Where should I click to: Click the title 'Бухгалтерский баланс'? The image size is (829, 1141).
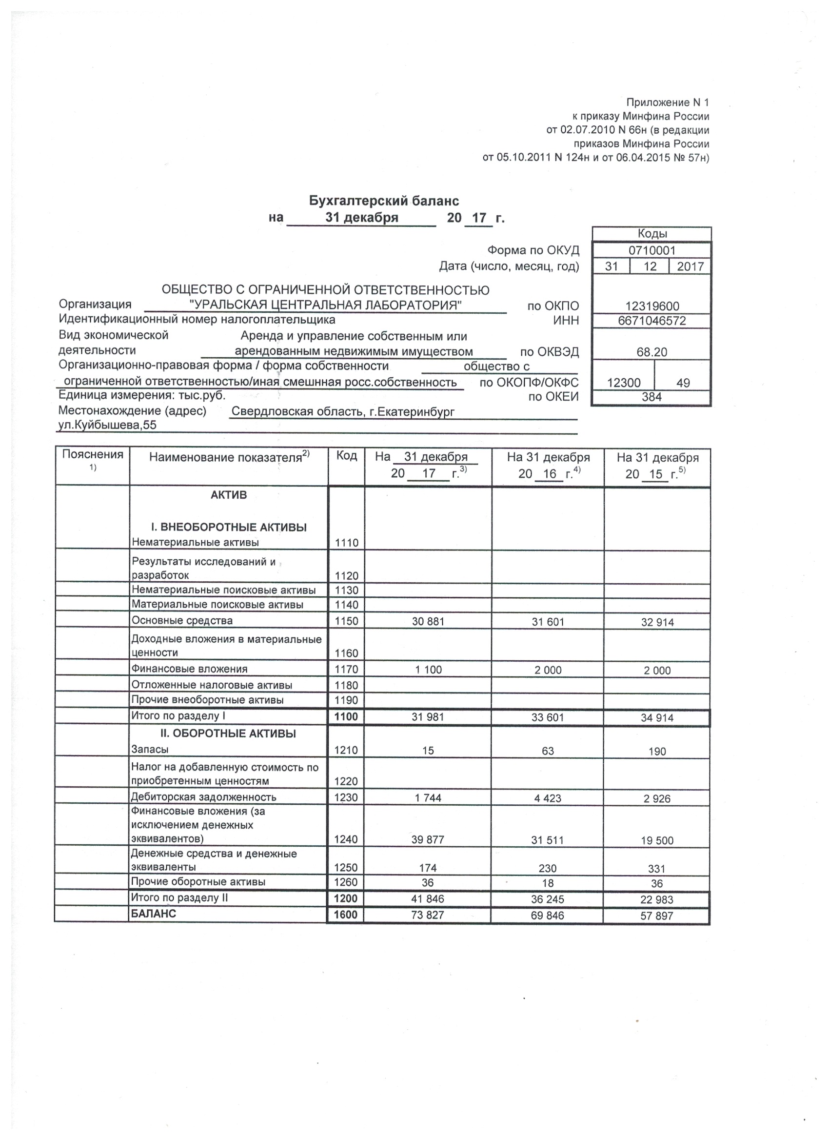pyautogui.click(x=384, y=201)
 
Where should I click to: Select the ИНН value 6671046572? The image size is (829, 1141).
pyautogui.click(x=651, y=321)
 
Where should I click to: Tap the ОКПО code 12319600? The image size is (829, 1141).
pyautogui.click(x=652, y=306)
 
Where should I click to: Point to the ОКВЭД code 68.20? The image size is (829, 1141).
pyautogui.click(x=651, y=352)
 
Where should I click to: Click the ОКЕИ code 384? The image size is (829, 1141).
pyautogui.click(x=651, y=397)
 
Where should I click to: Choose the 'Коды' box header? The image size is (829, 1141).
pyautogui.click(x=652, y=234)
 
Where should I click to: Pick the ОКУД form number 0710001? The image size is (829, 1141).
pyautogui.click(x=652, y=250)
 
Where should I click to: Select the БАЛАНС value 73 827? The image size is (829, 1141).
pyautogui.click(x=428, y=915)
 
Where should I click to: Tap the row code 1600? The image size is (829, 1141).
pyautogui.click(x=346, y=915)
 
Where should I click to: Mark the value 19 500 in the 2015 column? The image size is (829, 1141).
pyautogui.click(x=657, y=841)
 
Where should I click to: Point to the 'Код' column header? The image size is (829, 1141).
pyautogui.click(x=346, y=456)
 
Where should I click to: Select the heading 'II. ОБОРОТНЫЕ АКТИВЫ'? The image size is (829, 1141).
pyautogui.click(x=228, y=733)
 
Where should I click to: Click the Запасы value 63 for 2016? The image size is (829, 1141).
pyautogui.click(x=548, y=751)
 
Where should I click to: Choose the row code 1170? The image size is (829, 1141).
pyautogui.click(x=346, y=670)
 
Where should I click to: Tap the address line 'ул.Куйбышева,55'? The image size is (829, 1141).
pyautogui.click(x=108, y=426)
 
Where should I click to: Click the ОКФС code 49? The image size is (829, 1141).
pyautogui.click(x=683, y=383)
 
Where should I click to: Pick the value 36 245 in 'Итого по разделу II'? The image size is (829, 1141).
pyautogui.click(x=548, y=899)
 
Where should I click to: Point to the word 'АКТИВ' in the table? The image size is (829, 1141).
pyautogui.click(x=229, y=495)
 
